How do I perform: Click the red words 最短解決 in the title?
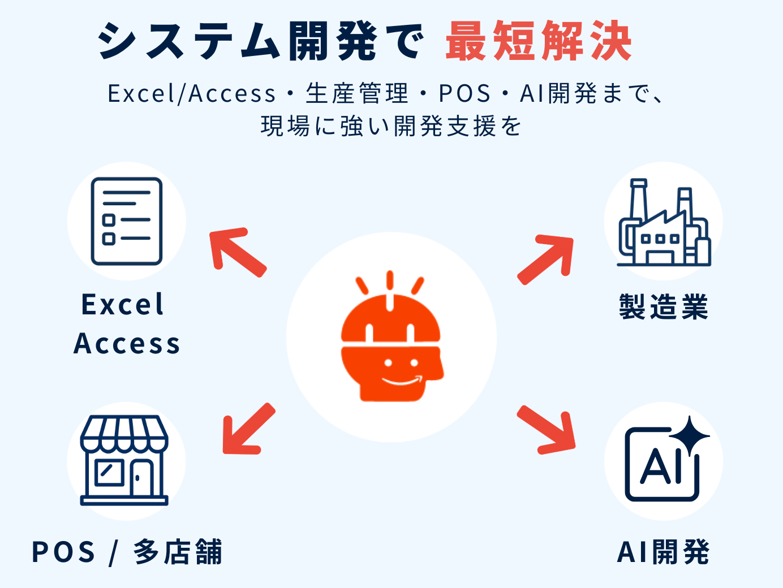[538, 41]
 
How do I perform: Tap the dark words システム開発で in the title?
[260, 41]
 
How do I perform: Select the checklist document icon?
[127, 221]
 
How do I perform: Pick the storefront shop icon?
[124, 460]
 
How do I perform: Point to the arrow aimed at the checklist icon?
[236, 251]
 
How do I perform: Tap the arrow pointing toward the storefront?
[247, 430]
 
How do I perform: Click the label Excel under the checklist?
[123, 305]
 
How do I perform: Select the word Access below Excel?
[127, 343]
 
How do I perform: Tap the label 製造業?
[664, 307]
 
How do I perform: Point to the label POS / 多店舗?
[127, 552]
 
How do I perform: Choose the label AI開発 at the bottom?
[663, 552]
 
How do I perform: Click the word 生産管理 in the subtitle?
[357, 93]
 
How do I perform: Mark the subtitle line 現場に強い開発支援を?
[391, 126]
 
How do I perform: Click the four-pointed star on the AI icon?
[689, 435]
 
